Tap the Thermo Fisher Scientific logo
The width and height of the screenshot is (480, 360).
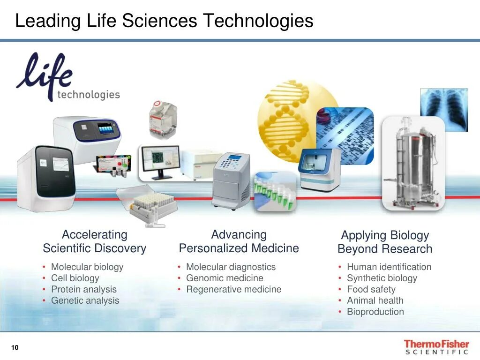pyautogui.click(x=436, y=347)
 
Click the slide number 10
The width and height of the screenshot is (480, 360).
pyautogui.click(x=15, y=347)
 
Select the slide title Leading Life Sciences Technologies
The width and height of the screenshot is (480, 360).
pyautogui.click(x=164, y=21)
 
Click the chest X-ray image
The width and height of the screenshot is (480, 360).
pyautogui.click(x=443, y=109)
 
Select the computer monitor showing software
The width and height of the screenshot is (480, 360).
pyautogui.click(x=160, y=160)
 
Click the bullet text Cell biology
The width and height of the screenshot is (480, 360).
pyautogui.click(x=75, y=278)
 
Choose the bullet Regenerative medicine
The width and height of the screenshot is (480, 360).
pyautogui.click(x=233, y=289)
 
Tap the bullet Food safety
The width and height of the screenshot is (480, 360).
pyautogui.click(x=371, y=289)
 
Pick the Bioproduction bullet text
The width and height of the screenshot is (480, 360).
pyautogui.click(x=375, y=312)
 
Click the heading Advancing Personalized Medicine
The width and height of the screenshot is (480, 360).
pyautogui.click(x=239, y=241)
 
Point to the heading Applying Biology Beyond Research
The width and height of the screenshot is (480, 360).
pyautogui.click(x=385, y=242)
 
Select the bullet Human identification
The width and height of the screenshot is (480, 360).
pyautogui.click(x=389, y=267)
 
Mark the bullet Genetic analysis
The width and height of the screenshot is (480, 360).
pyautogui.click(x=85, y=300)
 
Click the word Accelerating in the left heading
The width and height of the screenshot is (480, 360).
pyautogui.click(x=95, y=234)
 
